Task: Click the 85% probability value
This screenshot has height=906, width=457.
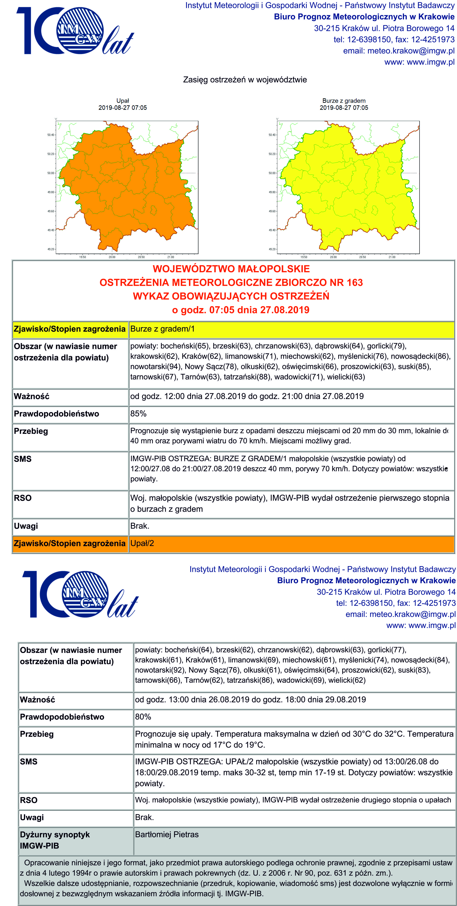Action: [138, 414]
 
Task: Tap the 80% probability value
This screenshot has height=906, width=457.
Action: [143, 717]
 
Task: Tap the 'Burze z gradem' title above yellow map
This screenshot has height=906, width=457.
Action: [344, 101]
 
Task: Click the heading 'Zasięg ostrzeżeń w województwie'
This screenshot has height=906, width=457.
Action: [245, 80]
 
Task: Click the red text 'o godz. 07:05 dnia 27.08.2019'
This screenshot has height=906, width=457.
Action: [241, 310]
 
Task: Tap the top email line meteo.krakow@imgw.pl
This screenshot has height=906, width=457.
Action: [399, 51]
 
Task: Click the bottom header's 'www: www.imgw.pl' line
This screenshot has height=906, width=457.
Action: [421, 625]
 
